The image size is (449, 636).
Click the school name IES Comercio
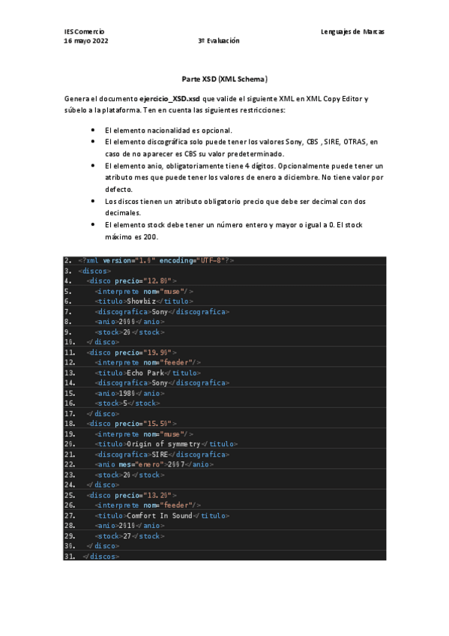pyautogui.click(x=84, y=31)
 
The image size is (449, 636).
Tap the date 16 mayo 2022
pyautogui.click(x=86, y=40)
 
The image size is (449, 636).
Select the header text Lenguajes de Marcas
pyautogui.click(x=352, y=31)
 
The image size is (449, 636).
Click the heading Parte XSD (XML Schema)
pyautogui.click(x=225, y=78)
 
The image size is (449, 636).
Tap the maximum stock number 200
pyautogui.click(x=150, y=237)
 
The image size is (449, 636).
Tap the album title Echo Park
pyautogui.click(x=145, y=372)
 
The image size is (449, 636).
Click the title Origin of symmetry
pyautogui.click(x=166, y=443)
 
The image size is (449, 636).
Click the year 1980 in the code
pyautogui.click(x=128, y=392)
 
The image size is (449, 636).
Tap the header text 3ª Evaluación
pyautogui.click(x=219, y=40)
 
